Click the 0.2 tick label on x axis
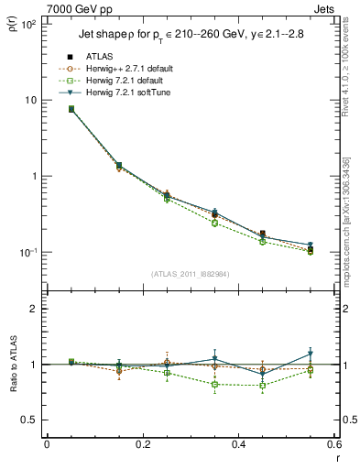142,444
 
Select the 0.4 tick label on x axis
238,444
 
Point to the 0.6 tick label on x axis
332,444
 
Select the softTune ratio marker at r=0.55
310,354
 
